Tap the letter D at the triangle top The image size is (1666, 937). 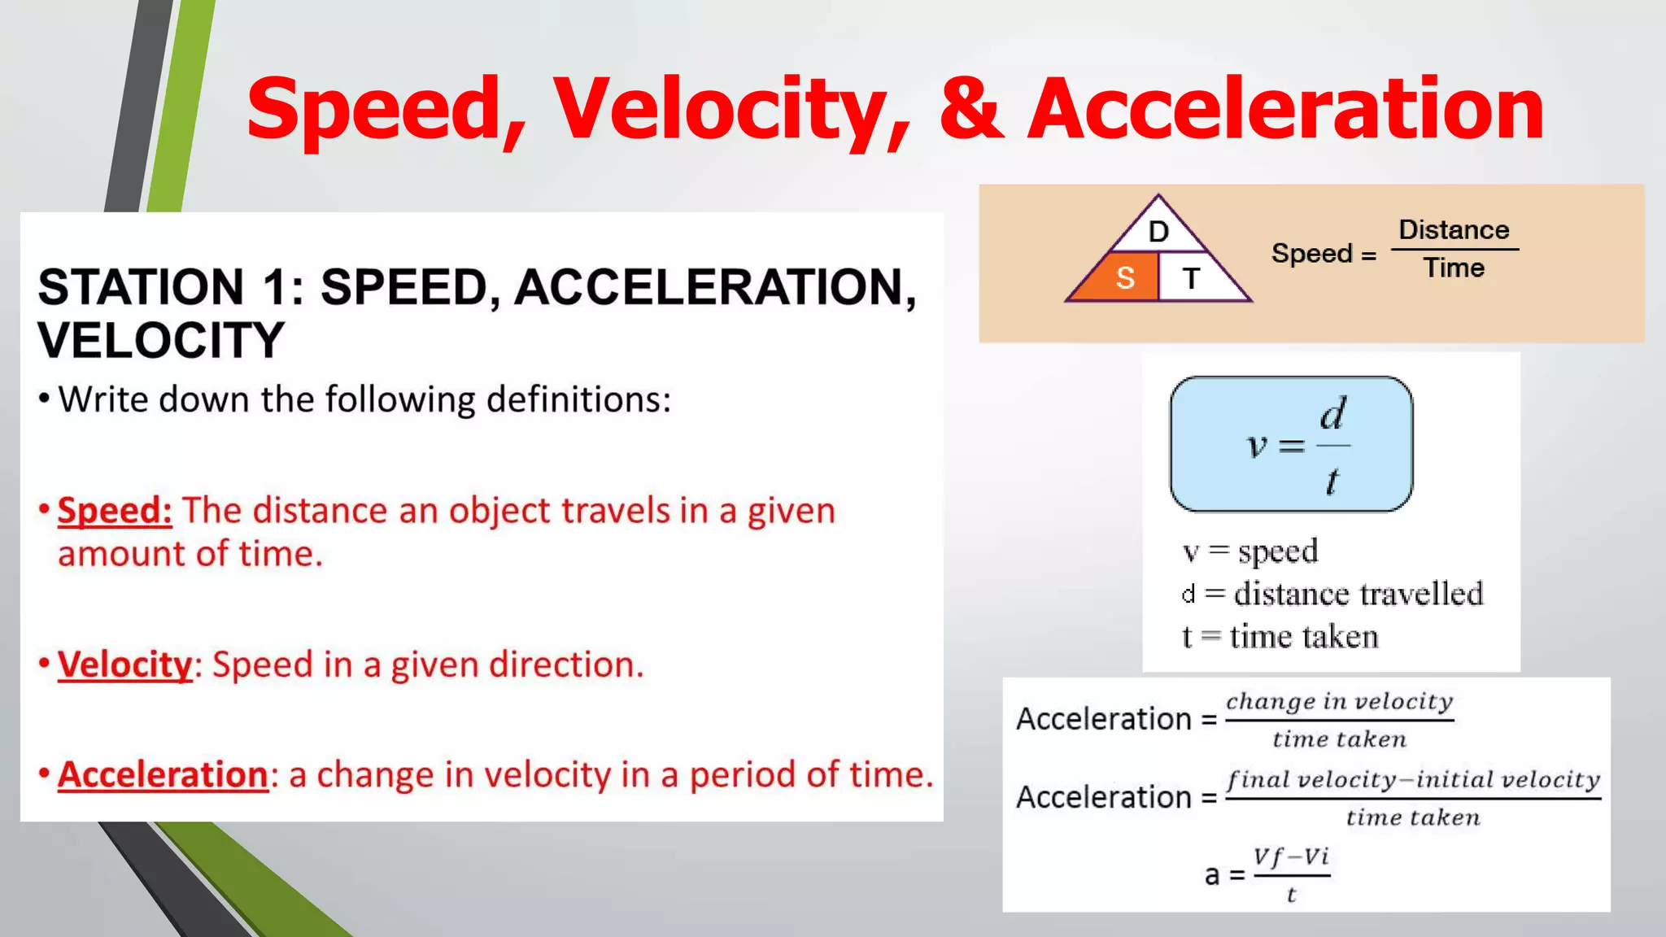(x=1158, y=232)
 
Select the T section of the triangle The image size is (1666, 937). (x=1192, y=278)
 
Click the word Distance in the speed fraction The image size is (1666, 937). (x=1454, y=229)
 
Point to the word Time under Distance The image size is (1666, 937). (x=1454, y=268)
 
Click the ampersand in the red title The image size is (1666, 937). (x=970, y=108)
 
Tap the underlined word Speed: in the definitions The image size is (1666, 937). (x=115, y=511)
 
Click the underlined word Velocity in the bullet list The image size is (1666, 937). (x=124, y=665)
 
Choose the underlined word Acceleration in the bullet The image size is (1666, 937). (x=163, y=774)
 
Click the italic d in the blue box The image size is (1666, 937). (x=1332, y=414)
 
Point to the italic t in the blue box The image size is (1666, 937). (x=1331, y=481)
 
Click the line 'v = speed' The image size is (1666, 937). (x=1249, y=551)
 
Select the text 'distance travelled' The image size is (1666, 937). (x=1359, y=594)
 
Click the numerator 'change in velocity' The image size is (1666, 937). (x=1339, y=701)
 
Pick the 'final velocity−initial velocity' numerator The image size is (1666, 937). (x=1413, y=779)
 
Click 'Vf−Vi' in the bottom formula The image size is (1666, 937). (x=1291, y=856)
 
